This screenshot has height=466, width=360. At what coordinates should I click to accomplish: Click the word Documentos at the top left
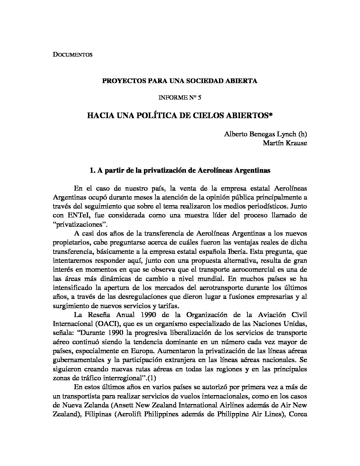pos(72,55)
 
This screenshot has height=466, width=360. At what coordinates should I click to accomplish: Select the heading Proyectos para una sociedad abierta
pos(179,81)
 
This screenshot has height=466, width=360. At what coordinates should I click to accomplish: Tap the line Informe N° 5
pos(180,98)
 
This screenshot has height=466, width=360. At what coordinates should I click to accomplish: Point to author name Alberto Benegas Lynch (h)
pos(265,134)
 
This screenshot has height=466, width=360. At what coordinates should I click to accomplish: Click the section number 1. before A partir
pos(92,171)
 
